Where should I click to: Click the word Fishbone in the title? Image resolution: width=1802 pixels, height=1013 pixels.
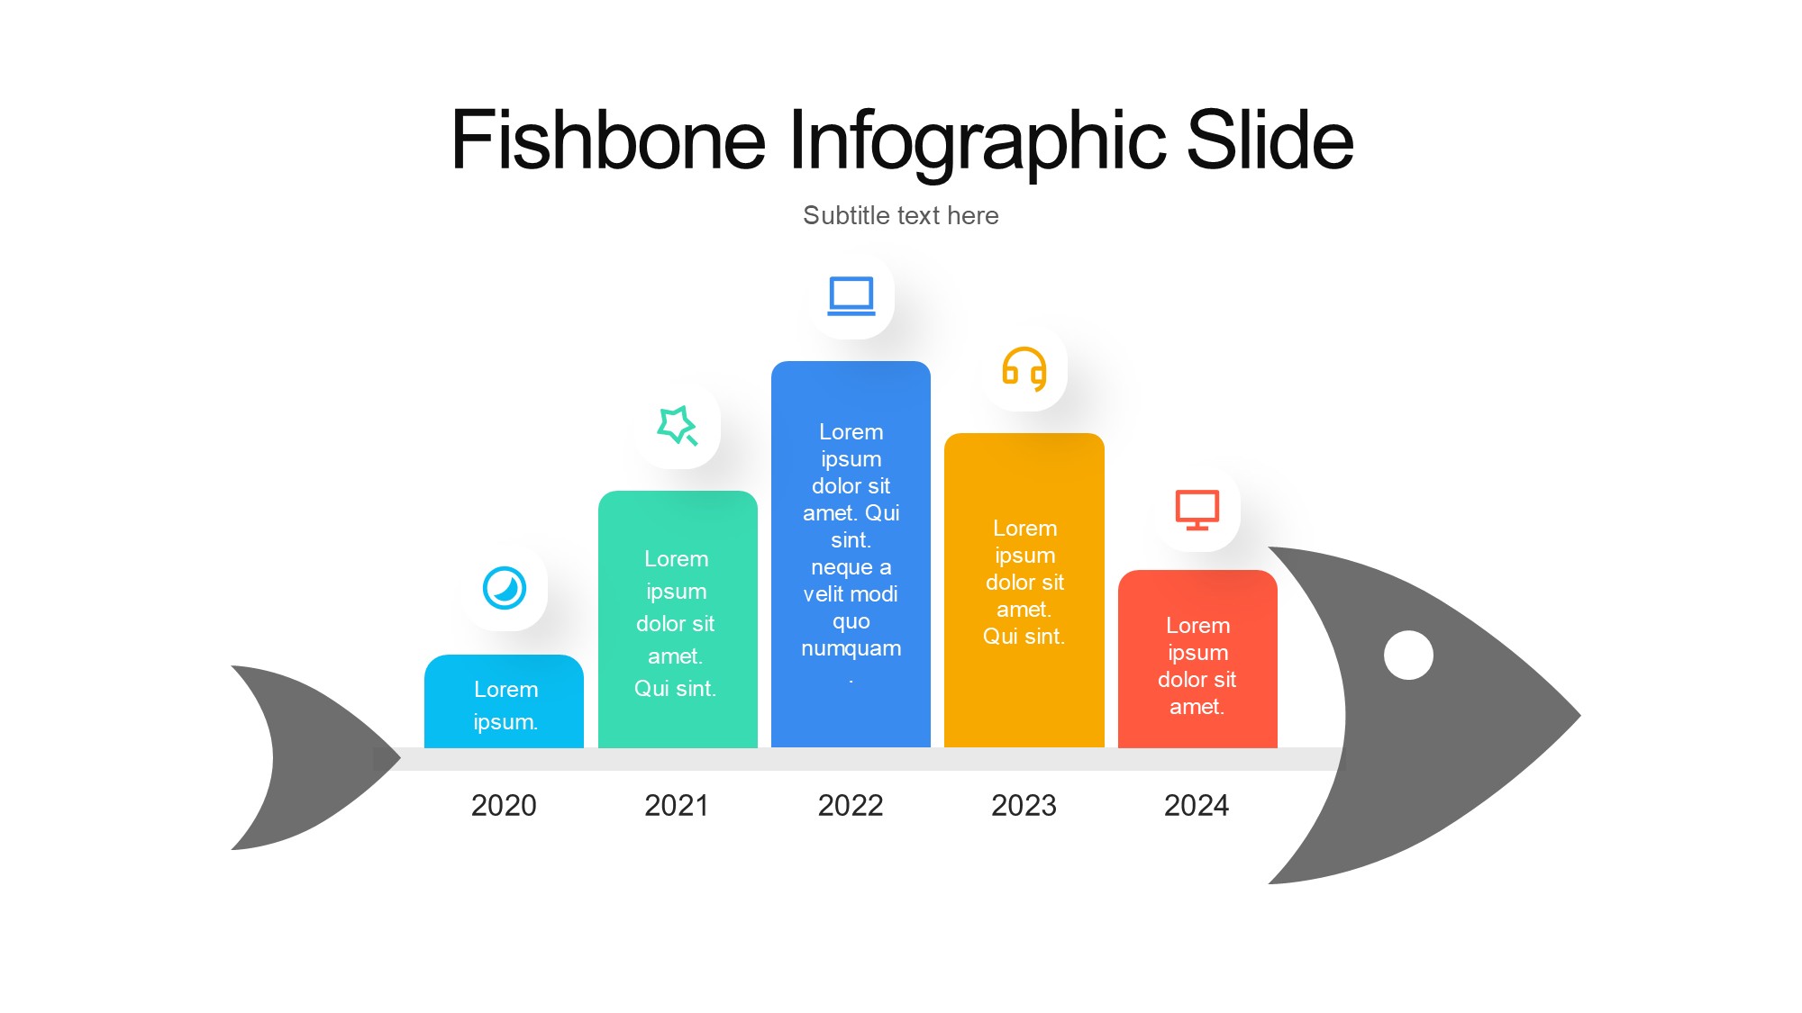[608, 140]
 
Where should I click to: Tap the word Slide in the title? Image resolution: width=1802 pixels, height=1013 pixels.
[1270, 140]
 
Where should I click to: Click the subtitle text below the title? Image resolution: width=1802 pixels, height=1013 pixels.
[901, 215]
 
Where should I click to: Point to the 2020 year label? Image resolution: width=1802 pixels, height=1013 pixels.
[504, 805]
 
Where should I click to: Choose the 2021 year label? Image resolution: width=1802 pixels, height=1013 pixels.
[677, 805]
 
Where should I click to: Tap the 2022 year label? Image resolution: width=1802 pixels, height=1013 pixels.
[851, 805]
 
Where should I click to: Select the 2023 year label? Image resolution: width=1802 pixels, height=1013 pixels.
[1024, 805]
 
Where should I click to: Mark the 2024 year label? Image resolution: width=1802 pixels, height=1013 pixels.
[1197, 805]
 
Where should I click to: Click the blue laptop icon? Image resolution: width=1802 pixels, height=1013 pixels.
[851, 295]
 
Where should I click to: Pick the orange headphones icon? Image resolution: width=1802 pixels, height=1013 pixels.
[1024, 368]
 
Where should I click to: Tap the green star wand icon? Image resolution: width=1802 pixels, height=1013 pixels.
[678, 426]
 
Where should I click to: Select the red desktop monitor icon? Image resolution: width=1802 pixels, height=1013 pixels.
[1197, 510]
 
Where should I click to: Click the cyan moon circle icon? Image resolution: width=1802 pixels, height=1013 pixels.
[505, 588]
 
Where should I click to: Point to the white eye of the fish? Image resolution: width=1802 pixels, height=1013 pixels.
[1408, 655]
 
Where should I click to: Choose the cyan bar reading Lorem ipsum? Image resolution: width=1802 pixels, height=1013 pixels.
[504, 701]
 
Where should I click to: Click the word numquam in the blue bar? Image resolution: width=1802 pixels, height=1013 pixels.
[851, 648]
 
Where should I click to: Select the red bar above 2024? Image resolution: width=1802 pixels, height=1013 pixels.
[1197, 659]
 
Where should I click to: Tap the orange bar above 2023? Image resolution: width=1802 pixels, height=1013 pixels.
[1024, 591]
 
